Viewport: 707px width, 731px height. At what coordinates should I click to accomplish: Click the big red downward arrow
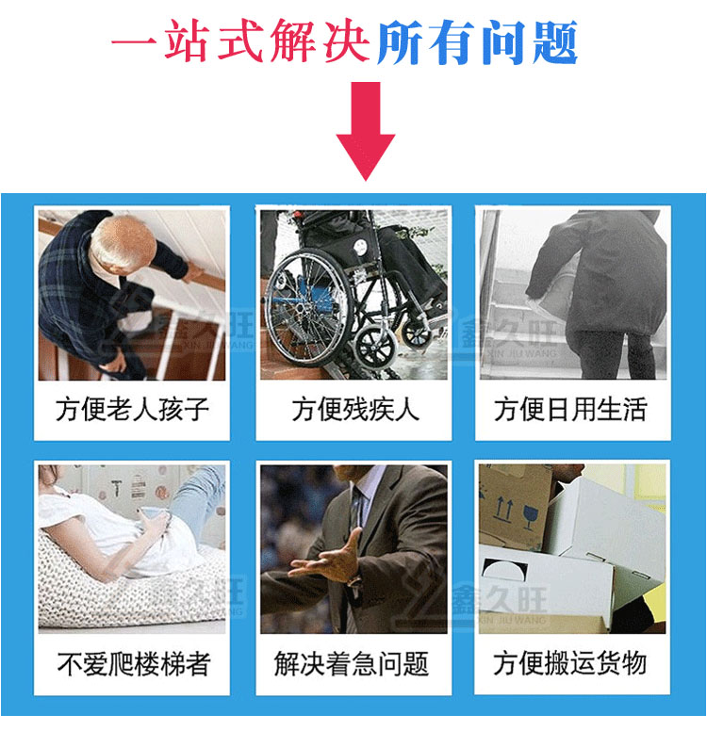(366, 131)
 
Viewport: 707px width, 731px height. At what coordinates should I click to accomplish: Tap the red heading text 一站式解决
(239, 41)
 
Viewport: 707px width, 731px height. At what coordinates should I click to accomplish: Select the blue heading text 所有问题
(477, 42)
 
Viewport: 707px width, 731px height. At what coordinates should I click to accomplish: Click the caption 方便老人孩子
(132, 410)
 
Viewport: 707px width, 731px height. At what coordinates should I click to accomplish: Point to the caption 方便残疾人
(355, 410)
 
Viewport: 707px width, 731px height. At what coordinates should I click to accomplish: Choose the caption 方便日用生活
(570, 410)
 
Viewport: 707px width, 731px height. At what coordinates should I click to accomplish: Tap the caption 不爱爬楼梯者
(134, 663)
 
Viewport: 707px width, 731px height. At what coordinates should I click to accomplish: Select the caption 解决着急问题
(351, 663)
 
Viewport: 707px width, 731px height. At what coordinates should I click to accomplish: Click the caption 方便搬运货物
(569, 662)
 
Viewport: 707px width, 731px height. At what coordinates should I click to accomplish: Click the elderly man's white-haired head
(123, 241)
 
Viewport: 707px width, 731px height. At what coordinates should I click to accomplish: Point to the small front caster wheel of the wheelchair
(375, 348)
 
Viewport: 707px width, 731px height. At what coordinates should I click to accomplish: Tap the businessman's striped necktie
(357, 512)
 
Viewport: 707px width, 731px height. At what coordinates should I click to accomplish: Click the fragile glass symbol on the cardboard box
(531, 516)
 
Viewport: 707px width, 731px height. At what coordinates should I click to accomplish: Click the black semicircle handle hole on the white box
(504, 569)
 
